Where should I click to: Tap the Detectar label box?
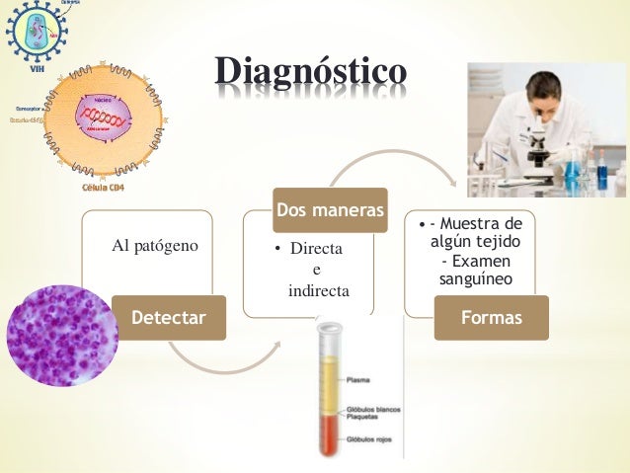[x=169, y=318]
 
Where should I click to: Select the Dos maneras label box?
[x=330, y=210]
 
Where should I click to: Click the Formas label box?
[x=492, y=318]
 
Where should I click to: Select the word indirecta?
[x=318, y=291]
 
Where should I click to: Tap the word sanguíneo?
[x=474, y=279]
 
